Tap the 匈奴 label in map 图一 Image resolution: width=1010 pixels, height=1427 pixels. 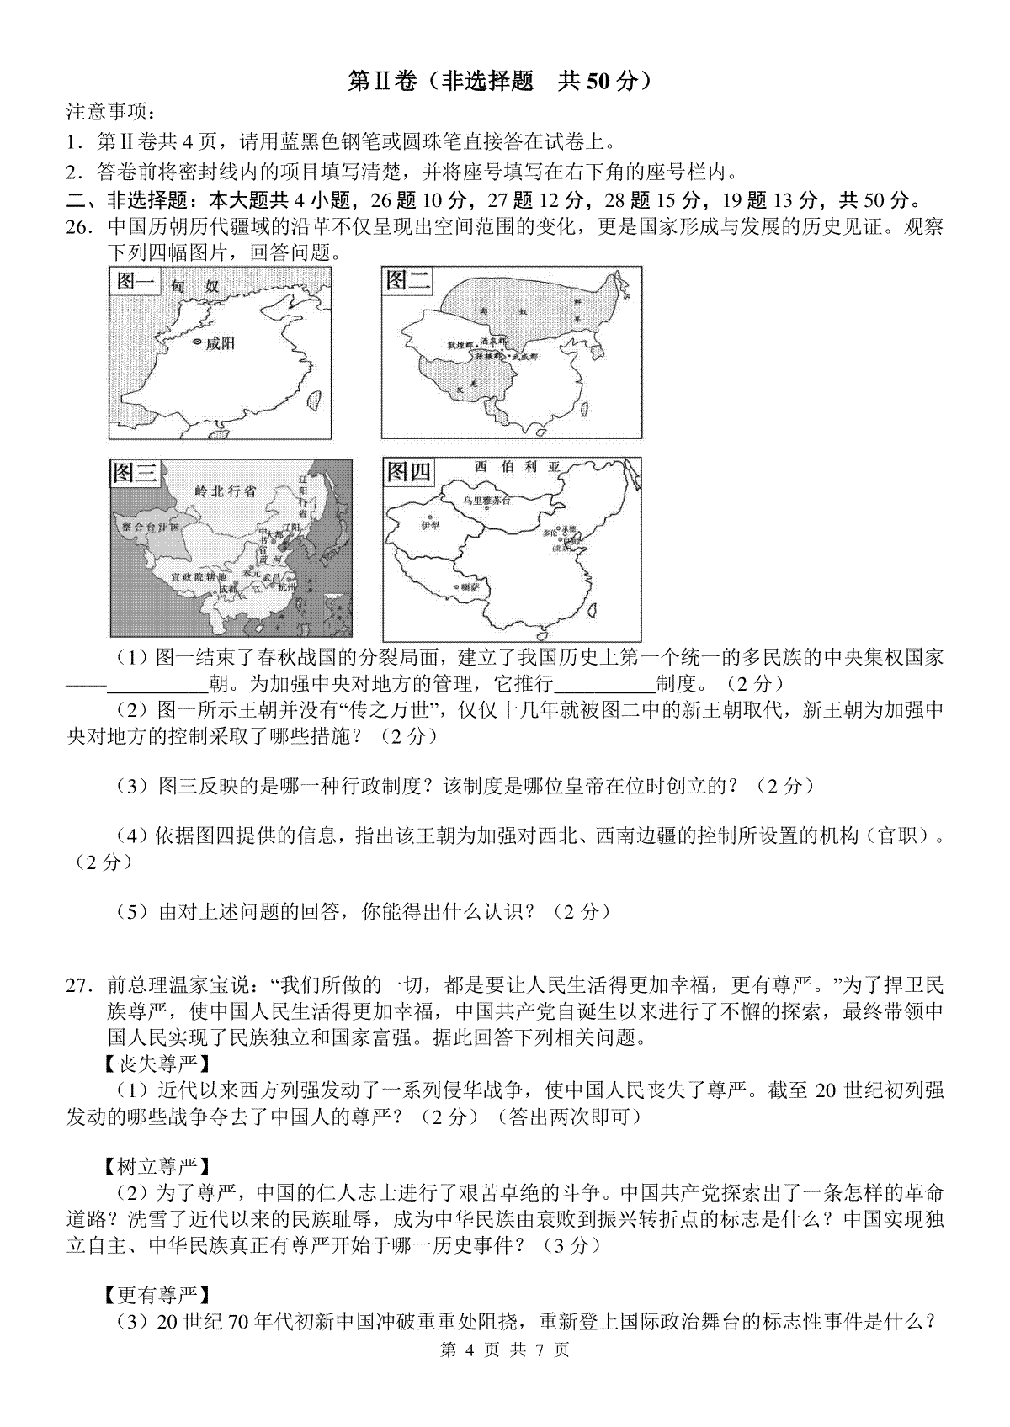click(x=194, y=287)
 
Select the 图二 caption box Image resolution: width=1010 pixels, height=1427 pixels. click(x=408, y=280)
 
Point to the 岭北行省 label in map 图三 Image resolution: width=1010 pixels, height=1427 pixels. click(x=225, y=491)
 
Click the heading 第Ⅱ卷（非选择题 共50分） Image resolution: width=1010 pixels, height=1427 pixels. click(x=501, y=80)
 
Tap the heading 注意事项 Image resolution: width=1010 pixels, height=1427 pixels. click(x=110, y=112)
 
